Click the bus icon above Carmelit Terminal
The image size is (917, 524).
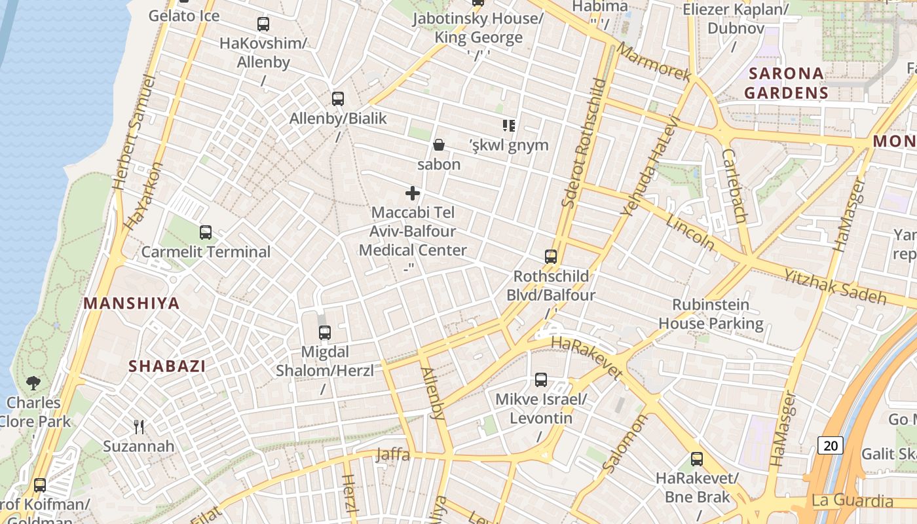pyautogui.click(x=206, y=233)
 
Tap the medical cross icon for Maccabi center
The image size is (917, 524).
pyautogui.click(x=413, y=193)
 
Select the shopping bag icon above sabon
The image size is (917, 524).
pyautogui.click(x=439, y=145)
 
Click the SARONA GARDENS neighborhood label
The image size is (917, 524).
pyautogui.click(x=786, y=83)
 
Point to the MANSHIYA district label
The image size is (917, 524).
pyautogui.click(x=132, y=303)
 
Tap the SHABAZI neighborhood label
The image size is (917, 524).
pyautogui.click(x=167, y=366)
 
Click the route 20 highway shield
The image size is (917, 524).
pyautogui.click(x=831, y=446)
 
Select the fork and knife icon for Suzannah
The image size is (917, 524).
pyautogui.click(x=139, y=427)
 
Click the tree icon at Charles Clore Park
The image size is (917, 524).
pyautogui.click(x=33, y=383)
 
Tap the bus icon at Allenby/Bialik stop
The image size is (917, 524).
pyautogui.click(x=338, y=99)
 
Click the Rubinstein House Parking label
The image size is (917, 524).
pyautogui.click(x=711, y=314)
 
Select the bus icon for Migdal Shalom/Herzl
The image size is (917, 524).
pyautogui.click(x=325, y=332)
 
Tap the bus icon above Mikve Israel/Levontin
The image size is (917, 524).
pyautogui.click(x=541, y=380)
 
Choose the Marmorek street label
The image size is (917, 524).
pyautogui.click(x=653, y=63)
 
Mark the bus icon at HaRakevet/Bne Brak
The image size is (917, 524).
pyautogui.click(x=697, y=459)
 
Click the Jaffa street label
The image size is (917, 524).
pyautogui.click(x=392, y=454)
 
